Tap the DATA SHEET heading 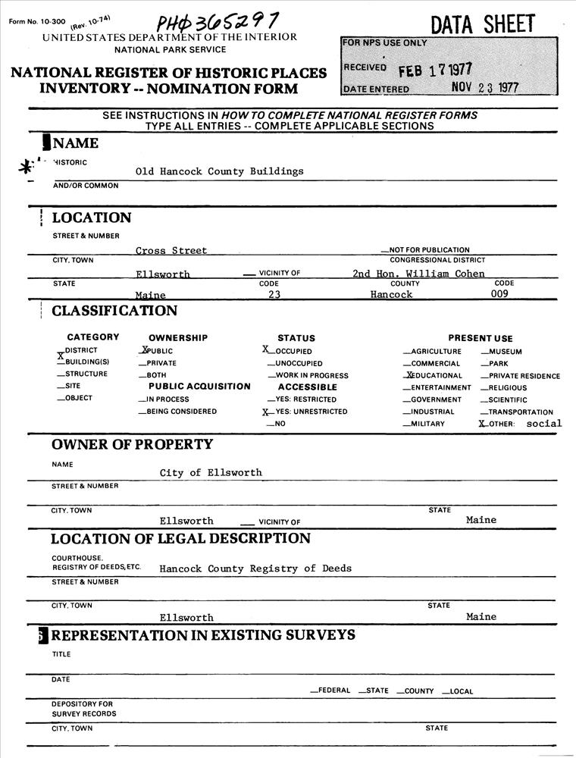tap(483, 24)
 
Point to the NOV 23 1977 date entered tap(484, 87)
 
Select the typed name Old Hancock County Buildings tap(219, 171)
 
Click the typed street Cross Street tap(171, 250)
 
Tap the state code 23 tap(274, 294)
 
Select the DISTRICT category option tap(80, 351)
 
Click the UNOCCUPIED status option tap(297, 363)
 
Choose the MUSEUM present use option tap(502, 352)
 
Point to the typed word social tap(544, 423)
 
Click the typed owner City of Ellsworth tap(211, 472)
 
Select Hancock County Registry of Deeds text tap(255, 568)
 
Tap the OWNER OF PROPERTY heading tap(132, 444)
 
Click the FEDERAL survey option tap(330, 691)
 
